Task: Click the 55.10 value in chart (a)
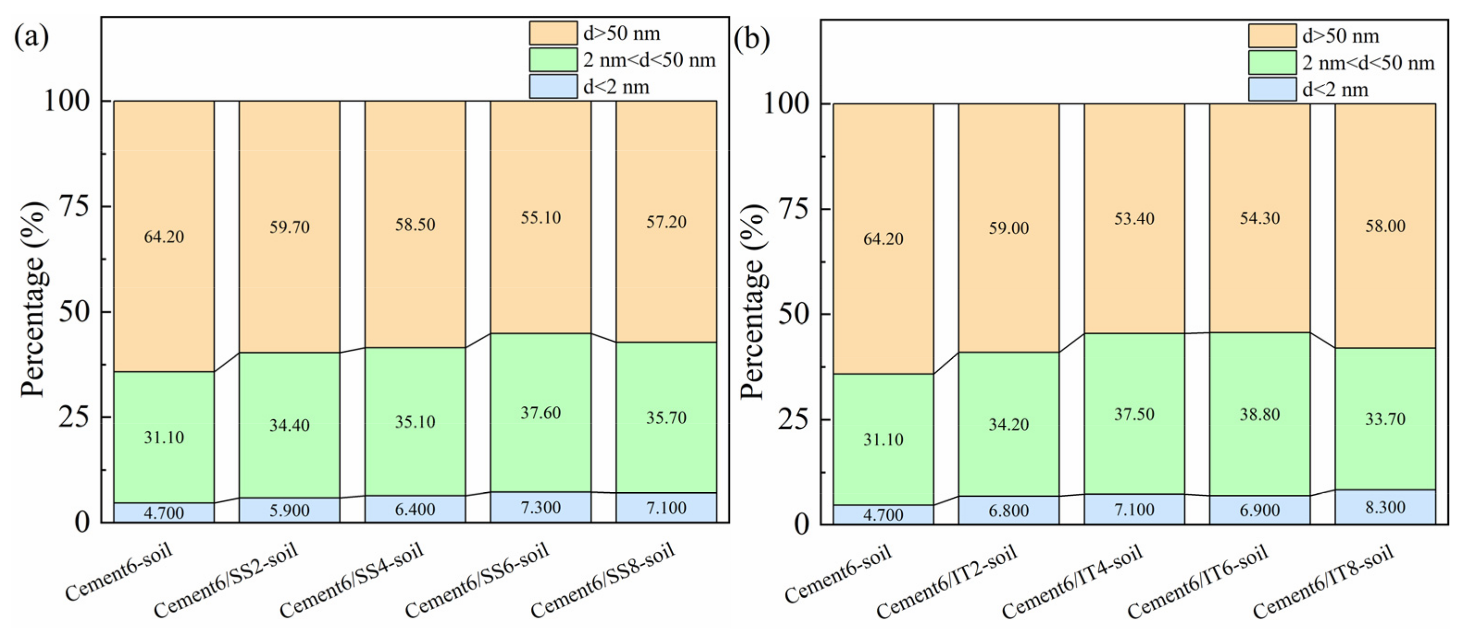(x=541, y=218)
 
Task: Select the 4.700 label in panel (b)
(x=883, y=515)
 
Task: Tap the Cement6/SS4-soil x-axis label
(x=352, y=580)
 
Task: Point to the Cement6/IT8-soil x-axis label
(x=1323, y=582)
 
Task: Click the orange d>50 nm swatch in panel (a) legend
(x=553, y=33)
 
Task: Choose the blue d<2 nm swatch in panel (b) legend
(x=1272, y=89)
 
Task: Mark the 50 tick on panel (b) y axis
(x=794, y=314)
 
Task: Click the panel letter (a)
(x=31, y=37)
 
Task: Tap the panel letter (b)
(x=751, y=39)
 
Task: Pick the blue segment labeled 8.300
(x=1385, y=507)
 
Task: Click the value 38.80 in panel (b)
(x=1260, y=414)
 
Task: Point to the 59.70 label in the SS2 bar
(x=289, y=227)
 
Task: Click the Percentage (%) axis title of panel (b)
(x=753, y=302)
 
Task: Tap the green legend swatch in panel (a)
(x=553, y=59)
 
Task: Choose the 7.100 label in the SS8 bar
(x=666, y=507)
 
